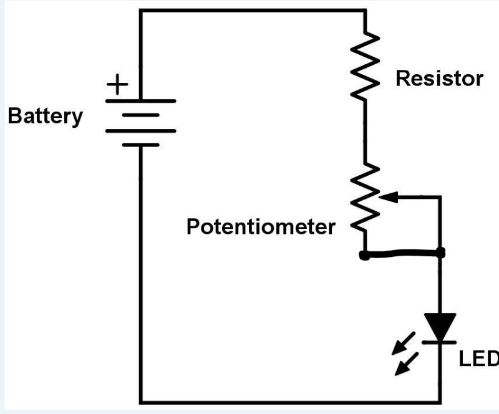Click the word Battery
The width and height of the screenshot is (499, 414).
point(44,117)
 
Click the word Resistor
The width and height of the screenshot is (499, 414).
point(439,79)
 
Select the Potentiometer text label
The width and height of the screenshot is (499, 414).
point(260,227)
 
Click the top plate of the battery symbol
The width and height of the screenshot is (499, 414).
point(141,100)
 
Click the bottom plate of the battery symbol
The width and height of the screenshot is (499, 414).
point(141,145)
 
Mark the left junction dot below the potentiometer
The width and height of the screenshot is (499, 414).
point(364,254)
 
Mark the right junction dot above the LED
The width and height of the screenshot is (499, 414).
point(441,253)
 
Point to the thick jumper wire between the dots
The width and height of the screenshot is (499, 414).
point(402,254)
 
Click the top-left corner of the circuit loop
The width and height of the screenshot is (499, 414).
point(141,11)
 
